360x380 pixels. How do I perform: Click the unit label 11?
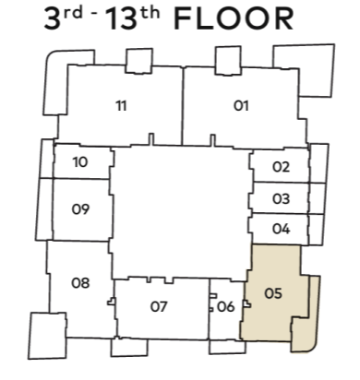[121, 106]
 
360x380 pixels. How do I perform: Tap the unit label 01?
[241, 106]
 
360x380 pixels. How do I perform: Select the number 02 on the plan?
[281, 167]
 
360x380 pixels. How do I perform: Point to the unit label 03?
[281, 199]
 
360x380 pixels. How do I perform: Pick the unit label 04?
[281, 229]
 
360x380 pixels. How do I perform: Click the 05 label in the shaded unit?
[273, 293]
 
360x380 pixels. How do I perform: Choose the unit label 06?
[226, 307]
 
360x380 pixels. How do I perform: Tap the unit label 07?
[159, 307]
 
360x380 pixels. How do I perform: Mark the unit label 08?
[80, 283]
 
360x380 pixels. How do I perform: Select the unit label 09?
[80, 209]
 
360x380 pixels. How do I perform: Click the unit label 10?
[80, 162]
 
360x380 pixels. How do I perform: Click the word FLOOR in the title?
[234, 19]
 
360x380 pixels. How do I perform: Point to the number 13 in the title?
[121, 19]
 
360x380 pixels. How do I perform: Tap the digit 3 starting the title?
[53, 19]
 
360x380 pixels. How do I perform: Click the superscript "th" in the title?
[149, 14]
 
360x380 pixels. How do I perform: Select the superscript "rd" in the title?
[73, 14]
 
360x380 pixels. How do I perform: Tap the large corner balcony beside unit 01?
[317, 71]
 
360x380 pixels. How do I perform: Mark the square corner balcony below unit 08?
[48, 336]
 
